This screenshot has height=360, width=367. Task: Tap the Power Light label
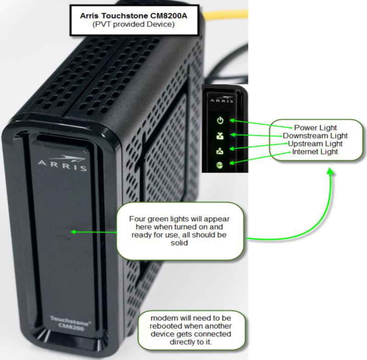coord(315,128)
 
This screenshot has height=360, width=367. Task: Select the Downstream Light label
coord(315,136)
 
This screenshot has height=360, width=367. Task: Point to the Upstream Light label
coord(315,144)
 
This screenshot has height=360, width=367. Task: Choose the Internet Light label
coord(315,152)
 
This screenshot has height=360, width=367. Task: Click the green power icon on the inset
coord(221,121)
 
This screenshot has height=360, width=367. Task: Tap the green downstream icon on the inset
coord(221,135)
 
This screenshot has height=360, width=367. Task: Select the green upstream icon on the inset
coord(221,149)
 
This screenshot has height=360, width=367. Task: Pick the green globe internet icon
coord(221,163)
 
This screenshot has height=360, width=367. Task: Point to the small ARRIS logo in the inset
coord(221,100)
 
